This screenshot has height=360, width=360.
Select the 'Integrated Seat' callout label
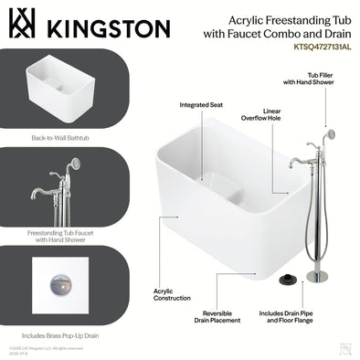point(201,104)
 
